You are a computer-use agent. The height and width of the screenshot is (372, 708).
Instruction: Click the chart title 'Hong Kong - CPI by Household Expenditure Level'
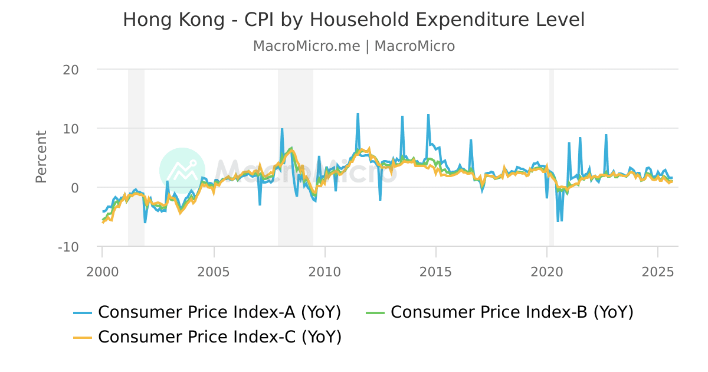(x=353, y=19)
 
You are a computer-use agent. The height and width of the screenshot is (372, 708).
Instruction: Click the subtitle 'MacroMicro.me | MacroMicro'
(x=353, y=46)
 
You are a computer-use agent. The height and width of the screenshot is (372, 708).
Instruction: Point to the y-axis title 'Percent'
(x=41, y=157)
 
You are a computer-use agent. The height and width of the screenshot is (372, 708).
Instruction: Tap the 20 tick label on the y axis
(x=71, y=70)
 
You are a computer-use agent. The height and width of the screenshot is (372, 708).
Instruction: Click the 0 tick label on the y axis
(x=75, y=188)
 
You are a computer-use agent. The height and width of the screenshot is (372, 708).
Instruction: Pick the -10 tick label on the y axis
(x=68, y=247)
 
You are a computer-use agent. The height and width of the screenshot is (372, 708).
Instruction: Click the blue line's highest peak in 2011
(x=358, y=113)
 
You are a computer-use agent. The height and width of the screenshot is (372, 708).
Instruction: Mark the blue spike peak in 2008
(x=282, y=129)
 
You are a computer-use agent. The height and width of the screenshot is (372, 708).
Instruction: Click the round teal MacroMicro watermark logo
(x=182, y=171)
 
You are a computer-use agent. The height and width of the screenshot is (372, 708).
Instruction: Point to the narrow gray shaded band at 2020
(x=552, y=157)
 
